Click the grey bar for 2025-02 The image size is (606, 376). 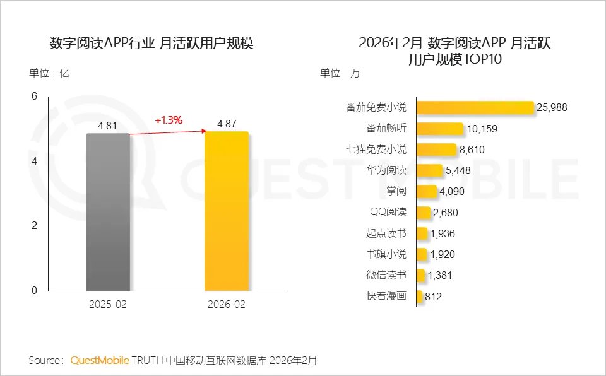[107, 212]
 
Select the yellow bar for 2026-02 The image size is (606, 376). [227, 211]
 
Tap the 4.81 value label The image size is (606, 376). [107, 126]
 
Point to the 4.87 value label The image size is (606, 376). [227, 124]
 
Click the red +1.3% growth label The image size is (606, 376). [169, 120]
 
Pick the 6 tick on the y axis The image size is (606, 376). [35, 96]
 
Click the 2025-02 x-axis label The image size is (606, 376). [107, 304]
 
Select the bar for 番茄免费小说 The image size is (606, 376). [475, 107]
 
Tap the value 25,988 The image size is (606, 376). [552, 107]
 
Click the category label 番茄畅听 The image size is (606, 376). [386, 128]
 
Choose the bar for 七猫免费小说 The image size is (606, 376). [436, 150]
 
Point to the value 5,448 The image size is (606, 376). [458, 170]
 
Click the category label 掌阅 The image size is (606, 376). [396, 191]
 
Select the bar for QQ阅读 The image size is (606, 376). [424, 212]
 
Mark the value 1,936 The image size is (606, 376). [442, 233]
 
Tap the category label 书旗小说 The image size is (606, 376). [386, 254]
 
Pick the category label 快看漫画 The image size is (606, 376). [386, 296]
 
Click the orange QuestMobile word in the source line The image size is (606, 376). [100, 360]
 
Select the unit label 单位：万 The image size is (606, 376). [340, 73]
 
